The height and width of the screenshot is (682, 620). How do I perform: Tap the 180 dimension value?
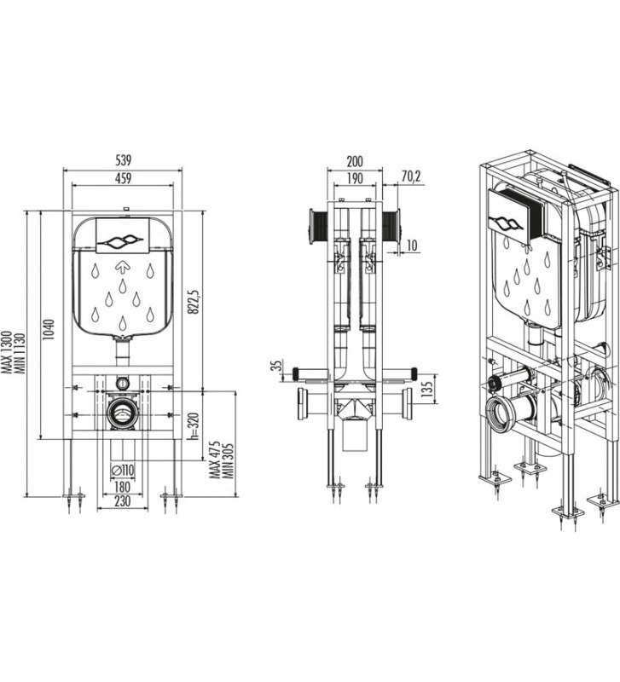[x=125, y=486]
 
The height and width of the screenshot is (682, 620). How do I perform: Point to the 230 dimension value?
[x=125, y=504]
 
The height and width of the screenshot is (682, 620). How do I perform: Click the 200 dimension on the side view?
[x=355, y=160]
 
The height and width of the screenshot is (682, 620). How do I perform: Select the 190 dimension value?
[x=355, y=177]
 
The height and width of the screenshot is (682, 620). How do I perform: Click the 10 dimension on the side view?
[x=413, y=246]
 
